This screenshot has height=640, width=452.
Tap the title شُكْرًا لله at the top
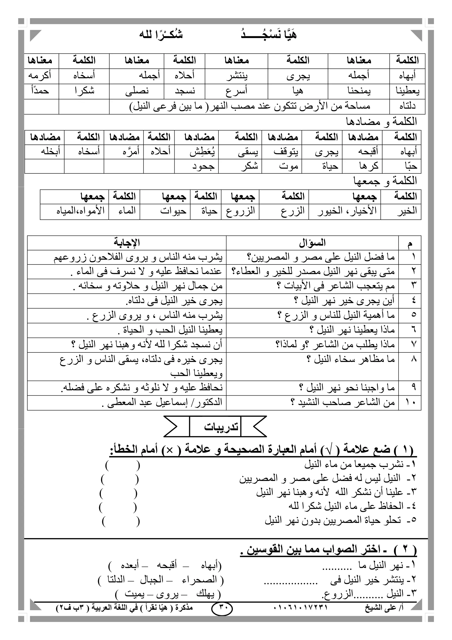pyautogui.click(x=161, y=35)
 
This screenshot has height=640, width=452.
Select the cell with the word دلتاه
pyautogui.click(x=407, y=107)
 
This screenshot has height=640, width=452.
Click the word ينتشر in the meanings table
pyautogui.click(x=237, y=76)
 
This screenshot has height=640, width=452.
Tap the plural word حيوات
pyautogui.click(x=173, y=211)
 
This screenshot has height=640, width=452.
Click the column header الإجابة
pyautogui.click(x=127, y=243)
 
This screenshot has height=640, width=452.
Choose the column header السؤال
pyautogui.click(x=312, y=243)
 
